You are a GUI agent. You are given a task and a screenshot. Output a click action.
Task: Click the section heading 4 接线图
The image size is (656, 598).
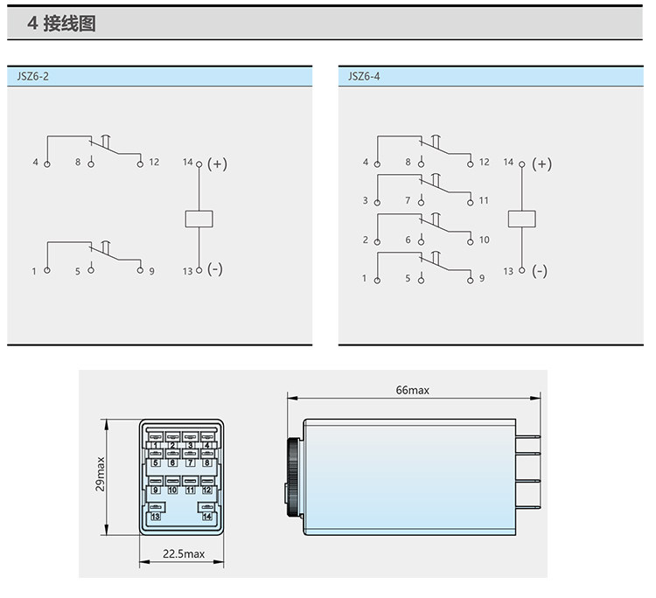(x=61, y=24)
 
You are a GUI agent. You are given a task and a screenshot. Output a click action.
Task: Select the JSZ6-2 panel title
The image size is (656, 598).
(x=32, y=77)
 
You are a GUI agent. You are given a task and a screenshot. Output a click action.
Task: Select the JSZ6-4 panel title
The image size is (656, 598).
(x=364, y=77)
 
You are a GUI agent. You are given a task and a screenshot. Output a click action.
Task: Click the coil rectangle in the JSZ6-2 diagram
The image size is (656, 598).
(x=199, y=219)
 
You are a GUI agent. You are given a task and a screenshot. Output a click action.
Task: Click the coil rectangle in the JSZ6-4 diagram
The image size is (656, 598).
(x=521, y=219)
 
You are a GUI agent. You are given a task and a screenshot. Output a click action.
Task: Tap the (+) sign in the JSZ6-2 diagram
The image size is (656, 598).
(x=217, y=163)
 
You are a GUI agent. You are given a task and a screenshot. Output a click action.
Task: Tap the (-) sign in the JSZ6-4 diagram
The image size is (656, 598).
(x=540, y=271)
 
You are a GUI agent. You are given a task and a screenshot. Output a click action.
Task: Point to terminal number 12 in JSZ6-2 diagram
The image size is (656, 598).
(x=154, y=162)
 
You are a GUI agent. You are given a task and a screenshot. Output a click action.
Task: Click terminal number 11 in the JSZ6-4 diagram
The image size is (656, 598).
(x=484, y=201)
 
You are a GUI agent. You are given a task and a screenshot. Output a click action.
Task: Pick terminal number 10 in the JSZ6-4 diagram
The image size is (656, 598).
(x=484, y=240)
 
